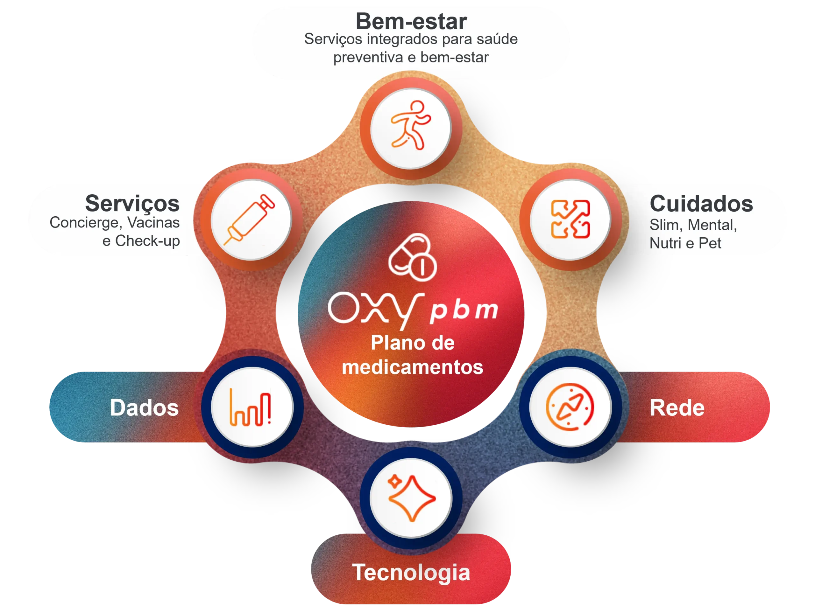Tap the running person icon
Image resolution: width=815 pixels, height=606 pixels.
(411, 125)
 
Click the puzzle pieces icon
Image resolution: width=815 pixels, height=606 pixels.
(570, 219)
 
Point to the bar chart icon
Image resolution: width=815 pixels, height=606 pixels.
(250, 407)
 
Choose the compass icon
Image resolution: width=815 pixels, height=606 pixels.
(570, 407)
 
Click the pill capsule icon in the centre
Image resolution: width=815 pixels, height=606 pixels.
(412, 257)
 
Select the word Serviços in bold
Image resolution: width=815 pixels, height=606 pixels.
(132, 204)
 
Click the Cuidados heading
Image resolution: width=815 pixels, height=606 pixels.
(701, 204)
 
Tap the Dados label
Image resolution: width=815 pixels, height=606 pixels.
(144, 407)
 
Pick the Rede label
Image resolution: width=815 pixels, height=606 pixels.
(677, 407)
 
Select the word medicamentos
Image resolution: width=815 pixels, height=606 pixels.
(412, 367)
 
